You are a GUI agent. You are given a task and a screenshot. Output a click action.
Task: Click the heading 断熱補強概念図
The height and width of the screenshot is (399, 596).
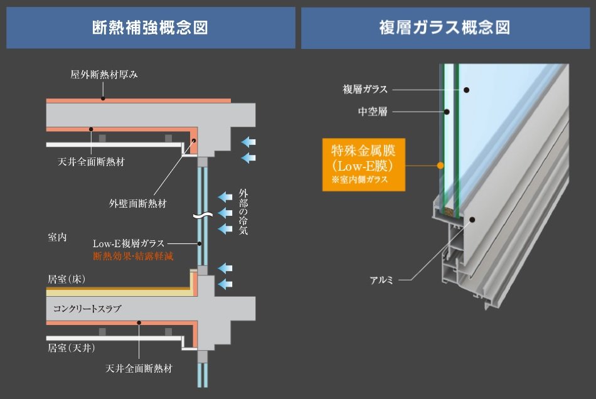150,28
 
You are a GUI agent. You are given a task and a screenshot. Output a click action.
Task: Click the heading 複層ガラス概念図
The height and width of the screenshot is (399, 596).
445,28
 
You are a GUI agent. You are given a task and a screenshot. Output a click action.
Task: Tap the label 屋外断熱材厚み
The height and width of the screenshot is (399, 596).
104,75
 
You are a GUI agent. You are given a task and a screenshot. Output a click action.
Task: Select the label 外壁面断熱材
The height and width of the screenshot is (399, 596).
138,204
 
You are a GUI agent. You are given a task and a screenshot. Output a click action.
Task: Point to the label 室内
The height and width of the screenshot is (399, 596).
57,237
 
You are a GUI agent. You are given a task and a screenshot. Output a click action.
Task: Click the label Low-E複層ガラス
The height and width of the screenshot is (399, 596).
129,243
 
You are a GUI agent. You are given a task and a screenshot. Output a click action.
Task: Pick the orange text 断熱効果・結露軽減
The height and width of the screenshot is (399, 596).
133,256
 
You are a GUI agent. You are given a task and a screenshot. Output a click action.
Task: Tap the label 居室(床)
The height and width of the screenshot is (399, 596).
67,279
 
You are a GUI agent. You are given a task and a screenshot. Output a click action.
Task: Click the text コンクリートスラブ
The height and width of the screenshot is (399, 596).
87,309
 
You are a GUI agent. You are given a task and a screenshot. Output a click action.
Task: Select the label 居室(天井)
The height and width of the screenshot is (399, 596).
72,348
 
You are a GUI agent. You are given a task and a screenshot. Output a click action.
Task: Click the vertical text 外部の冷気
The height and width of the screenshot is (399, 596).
243,211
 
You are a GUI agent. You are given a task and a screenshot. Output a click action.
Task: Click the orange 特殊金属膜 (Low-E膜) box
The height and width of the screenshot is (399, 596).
364,164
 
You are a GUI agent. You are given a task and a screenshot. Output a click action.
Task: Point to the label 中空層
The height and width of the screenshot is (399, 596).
373,111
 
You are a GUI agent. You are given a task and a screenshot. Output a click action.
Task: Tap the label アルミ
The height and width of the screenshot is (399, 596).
381,280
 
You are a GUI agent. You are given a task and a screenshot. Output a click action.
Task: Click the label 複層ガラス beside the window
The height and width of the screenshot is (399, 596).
365,89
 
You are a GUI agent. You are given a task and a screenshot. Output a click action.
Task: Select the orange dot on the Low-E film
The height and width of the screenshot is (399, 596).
440,165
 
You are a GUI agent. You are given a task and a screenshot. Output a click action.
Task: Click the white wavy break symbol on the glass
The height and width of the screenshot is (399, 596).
203,216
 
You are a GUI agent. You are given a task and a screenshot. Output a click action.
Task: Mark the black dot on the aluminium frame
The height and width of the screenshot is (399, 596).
472,220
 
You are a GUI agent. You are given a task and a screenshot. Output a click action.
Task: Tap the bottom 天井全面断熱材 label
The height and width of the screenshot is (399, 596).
139,368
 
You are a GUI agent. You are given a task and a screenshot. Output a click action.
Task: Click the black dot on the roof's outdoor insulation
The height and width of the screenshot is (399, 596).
103,98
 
